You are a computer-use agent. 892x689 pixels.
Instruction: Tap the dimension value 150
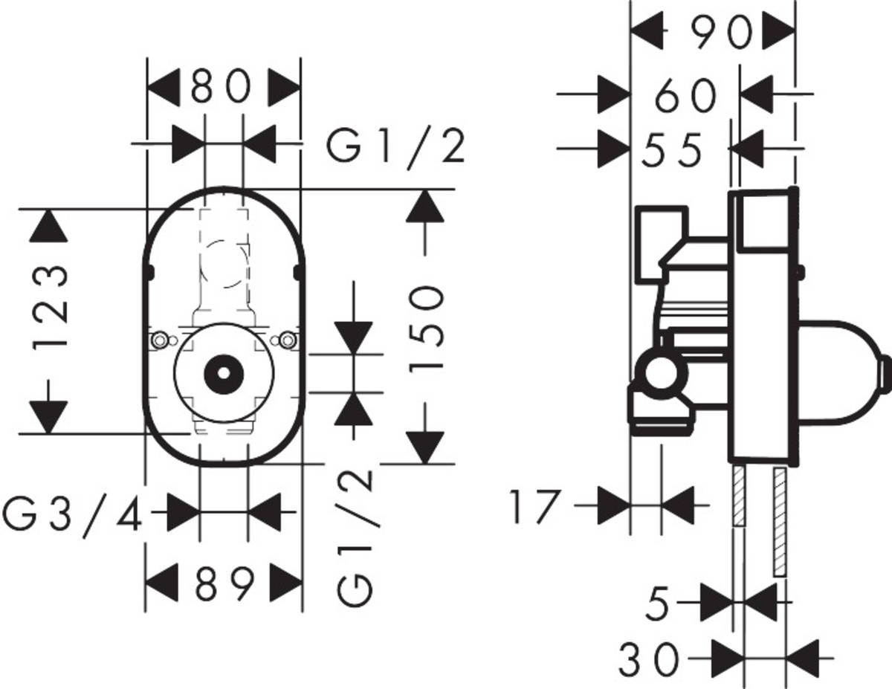[x=430, y=326]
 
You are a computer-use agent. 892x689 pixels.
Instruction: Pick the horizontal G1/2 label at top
[x=397, y=148]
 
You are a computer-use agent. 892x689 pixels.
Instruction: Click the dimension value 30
[x=649, y=659]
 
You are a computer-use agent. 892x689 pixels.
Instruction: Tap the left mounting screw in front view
[x=160, y=340]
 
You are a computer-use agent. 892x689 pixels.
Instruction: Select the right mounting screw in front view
[x=286, y=340]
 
